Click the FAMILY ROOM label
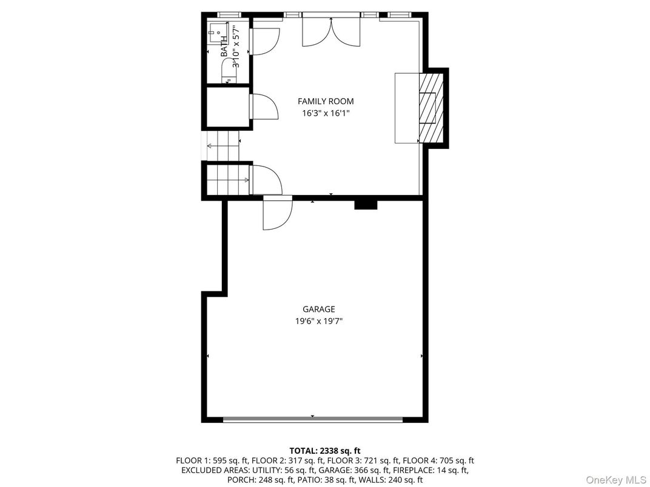(325, 101)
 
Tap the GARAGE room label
(319, 309)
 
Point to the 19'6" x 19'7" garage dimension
(319, 322)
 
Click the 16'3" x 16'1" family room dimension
(325, 113)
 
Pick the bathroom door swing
(264, 41)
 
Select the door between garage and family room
(276, 213)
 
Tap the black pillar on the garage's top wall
(366, 204)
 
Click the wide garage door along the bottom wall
(313, 419)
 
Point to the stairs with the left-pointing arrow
(223, 146)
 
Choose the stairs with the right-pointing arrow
(228, 180)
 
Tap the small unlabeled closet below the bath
(227, 108)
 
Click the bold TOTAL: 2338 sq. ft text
(325, 451)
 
